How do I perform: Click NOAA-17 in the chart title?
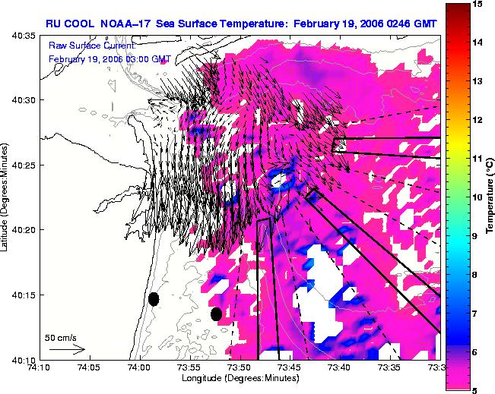click(125, 24)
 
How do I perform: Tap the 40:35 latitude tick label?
click(24, 36)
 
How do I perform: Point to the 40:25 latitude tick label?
click(24, 165)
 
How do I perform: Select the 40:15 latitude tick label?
click(24, 295)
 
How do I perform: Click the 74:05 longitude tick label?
click(90, 367)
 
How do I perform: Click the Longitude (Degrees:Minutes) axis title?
click(240, 378)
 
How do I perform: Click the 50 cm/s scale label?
click(61, 339)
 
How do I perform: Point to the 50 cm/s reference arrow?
click(67, 349)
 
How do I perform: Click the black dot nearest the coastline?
click(154, 299)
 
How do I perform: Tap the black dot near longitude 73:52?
click(216, 314)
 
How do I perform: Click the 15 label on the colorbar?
click(478, 4)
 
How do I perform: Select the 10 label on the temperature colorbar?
click(478, 197)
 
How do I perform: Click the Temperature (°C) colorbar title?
click(490, 197)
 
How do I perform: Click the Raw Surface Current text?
click(92, 46)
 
